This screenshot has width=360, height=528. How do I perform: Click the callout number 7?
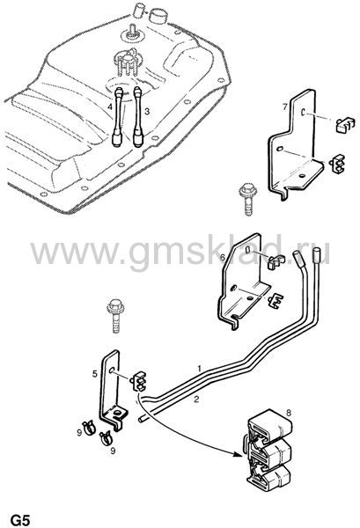point(285,107)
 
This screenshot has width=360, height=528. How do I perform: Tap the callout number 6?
point(223,258)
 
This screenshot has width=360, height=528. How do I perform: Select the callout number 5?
point(95,374)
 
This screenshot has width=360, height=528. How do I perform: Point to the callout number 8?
point(289,413)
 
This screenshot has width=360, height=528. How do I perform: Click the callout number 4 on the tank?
point(110,107)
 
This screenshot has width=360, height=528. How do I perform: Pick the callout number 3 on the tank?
point(147,111)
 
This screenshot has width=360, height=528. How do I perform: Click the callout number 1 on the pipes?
point(199,368)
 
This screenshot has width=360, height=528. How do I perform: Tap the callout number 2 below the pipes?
point(196,400)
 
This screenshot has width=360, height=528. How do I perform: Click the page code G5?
point(20,520)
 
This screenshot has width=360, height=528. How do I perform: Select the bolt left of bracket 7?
point(248,199)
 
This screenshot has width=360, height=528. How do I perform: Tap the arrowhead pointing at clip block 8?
point(239,455)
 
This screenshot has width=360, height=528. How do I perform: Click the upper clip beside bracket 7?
point(346,125)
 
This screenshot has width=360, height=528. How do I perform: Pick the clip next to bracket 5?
point(138,381)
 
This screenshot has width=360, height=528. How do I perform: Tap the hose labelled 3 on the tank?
point(138,116)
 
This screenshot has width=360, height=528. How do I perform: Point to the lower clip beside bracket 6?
point(276,301)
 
